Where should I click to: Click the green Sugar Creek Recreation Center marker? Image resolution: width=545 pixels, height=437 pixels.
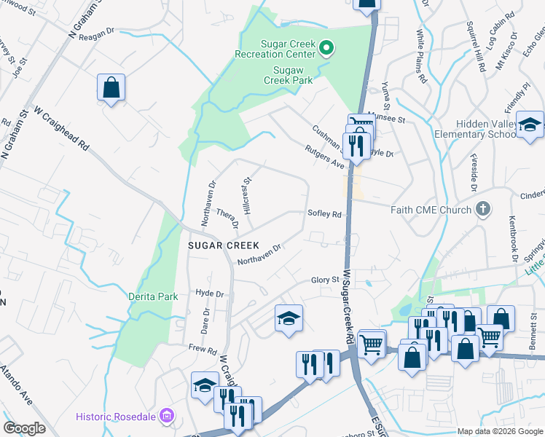[327, 49]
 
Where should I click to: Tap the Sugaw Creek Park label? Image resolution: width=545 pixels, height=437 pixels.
[292, 74]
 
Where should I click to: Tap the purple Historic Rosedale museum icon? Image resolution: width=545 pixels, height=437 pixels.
[167, 416]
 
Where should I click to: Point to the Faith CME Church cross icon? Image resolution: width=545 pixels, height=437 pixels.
[482, 210]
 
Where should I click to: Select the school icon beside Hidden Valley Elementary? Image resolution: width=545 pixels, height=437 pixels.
[530, 125]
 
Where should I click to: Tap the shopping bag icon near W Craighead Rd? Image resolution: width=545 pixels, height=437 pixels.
[111, 88]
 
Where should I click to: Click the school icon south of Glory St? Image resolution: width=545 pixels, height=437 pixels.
[289, 318]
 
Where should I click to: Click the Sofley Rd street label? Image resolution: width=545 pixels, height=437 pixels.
[324, 214]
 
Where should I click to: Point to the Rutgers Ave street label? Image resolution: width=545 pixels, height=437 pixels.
[324, 155]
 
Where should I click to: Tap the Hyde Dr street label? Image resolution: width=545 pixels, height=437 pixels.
[209, 293]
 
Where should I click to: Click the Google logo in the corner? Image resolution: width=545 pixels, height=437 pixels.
[24, 428]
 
